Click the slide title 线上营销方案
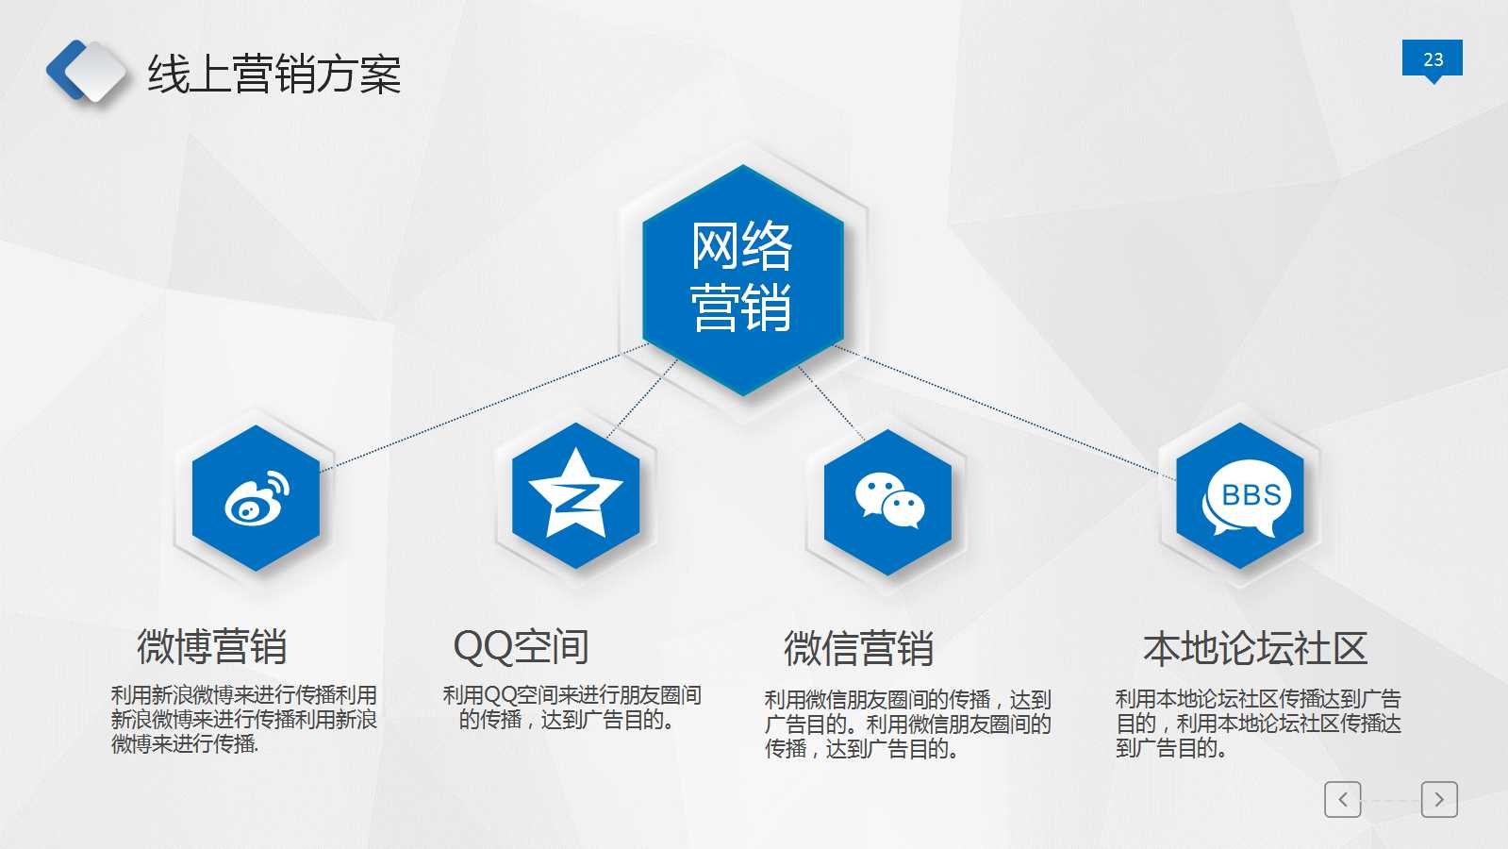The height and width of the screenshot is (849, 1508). tap(274, 74)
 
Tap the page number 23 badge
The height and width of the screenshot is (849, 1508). tap(1432, 58)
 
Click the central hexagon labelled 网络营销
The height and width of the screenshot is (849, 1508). tap(742, 278)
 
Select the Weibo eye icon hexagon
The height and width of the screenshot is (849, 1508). tap(256, 498)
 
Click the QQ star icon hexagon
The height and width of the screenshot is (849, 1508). tap(575, 495)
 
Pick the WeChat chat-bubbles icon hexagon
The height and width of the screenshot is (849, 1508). tap(887, 501)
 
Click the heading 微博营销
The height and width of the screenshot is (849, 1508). tap(211, 647)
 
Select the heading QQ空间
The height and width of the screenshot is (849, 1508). tap(521, 647)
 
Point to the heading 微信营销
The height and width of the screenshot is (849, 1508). tap(858, 649)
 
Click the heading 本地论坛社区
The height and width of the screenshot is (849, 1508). tap(1255, 649)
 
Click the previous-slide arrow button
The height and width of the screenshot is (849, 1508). tap(1342, 799)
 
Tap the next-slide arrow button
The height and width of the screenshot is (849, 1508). tap(1439, 799)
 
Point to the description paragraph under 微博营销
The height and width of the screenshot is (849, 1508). tap(243, 720)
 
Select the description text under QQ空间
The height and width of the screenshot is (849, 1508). tap(572, 707)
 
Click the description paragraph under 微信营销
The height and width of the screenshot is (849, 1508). tap(907, 724)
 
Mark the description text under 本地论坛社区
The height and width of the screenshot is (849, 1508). tap(1258, 724)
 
